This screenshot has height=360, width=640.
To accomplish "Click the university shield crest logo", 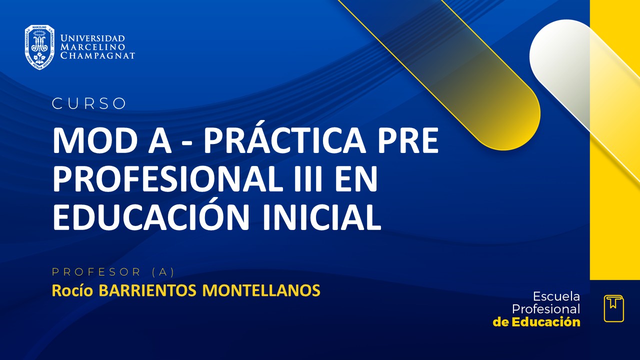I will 39,47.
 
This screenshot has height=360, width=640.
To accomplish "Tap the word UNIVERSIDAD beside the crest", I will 92,38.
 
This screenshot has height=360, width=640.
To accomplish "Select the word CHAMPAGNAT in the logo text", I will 97,55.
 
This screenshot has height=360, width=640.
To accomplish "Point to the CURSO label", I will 89,103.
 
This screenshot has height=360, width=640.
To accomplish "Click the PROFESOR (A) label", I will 113,272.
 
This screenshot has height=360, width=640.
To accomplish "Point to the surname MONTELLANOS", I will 261,290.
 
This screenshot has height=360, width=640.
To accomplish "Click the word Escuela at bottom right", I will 556,296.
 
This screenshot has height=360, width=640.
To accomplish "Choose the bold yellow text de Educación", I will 536,322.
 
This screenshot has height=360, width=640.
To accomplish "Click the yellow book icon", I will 613,308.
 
